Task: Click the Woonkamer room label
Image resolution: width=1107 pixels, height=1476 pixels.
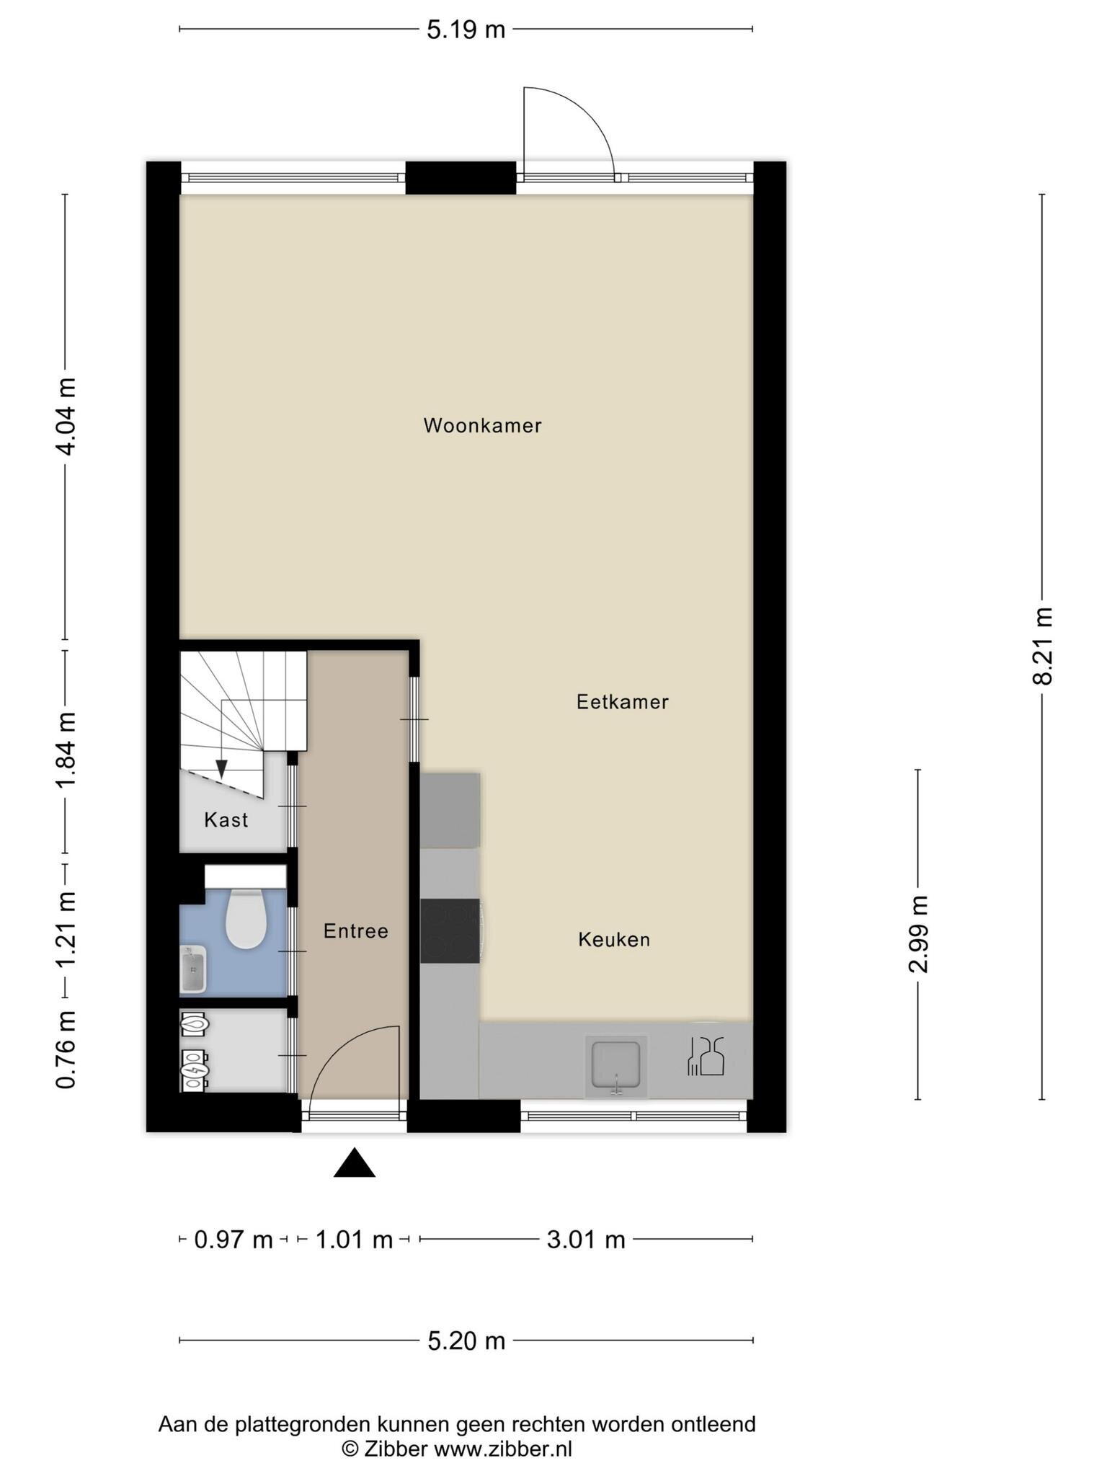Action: tap(482, 425)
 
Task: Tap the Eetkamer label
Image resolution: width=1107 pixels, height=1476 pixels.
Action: tap(623, 702)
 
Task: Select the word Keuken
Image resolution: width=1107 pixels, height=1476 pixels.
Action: tap(614, 940)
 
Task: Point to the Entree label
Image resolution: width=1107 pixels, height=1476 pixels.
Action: tap(356, 931)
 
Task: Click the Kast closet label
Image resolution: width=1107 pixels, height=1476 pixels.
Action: tap(226, 819)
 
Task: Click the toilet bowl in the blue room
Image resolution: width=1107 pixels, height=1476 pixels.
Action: tap(246, 918)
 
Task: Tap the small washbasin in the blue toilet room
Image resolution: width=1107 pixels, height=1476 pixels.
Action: tap(192, 969)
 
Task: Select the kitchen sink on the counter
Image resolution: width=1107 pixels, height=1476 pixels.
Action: tap(615, 1064)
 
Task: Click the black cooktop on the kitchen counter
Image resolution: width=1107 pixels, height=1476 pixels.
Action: tap(450, 930)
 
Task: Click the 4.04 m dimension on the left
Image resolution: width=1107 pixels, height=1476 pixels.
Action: tap(66, 416)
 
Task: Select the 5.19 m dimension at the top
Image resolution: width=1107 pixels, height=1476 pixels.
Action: tap(466, 30)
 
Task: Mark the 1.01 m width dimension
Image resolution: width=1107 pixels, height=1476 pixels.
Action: tap(354, 1240)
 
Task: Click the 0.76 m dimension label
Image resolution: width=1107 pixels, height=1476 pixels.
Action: tap(66, 1049)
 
